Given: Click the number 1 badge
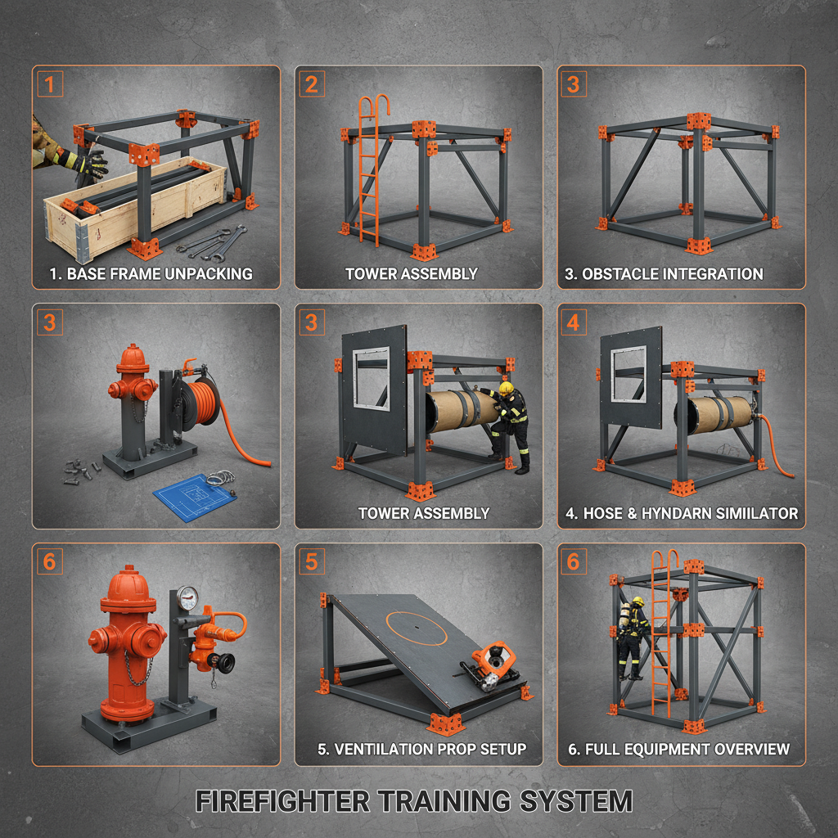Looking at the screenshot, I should pyautogui.click(x=49, y=83).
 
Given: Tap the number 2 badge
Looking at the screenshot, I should pyautogui.click(x=312, y=83).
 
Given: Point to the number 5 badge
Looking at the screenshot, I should pyautogui.click(x=312, y=561).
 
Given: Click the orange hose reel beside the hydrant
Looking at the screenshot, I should pyautogui.click(x=201, y=401).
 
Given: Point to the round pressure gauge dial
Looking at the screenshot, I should pyautogui.click(x=187, y=596).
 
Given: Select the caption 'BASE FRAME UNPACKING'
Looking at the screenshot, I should pyautogui.click(x=150, y=274).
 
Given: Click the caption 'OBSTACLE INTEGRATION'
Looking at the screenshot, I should pyautogui.click(x=673, y=274).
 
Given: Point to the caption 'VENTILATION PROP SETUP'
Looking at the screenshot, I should pyautogui.click(x=421, y=749).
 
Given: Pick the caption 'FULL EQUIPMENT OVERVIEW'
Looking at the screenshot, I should pyautogui.click(x=678, y=749).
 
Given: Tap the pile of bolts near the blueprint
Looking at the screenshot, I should pyautogui.click(x=82, y=470).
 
